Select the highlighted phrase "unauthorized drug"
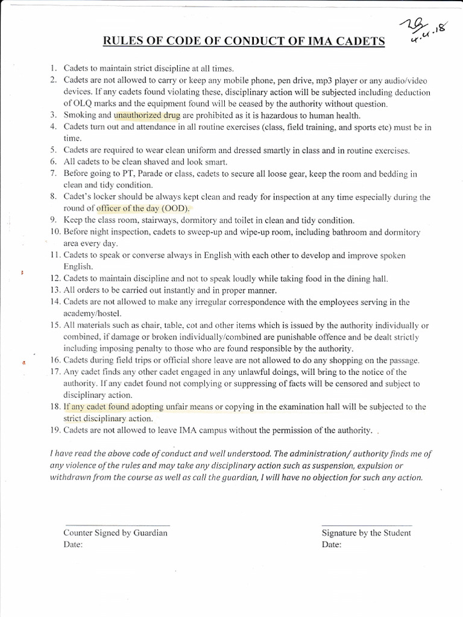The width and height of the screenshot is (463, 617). click(147, 115)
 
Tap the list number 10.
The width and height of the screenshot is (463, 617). click(54, 232)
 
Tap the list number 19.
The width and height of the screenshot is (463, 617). click(54, 430)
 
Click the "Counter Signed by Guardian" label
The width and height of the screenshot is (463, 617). click(115, 533)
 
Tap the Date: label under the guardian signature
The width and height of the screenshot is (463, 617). click(73, 544)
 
